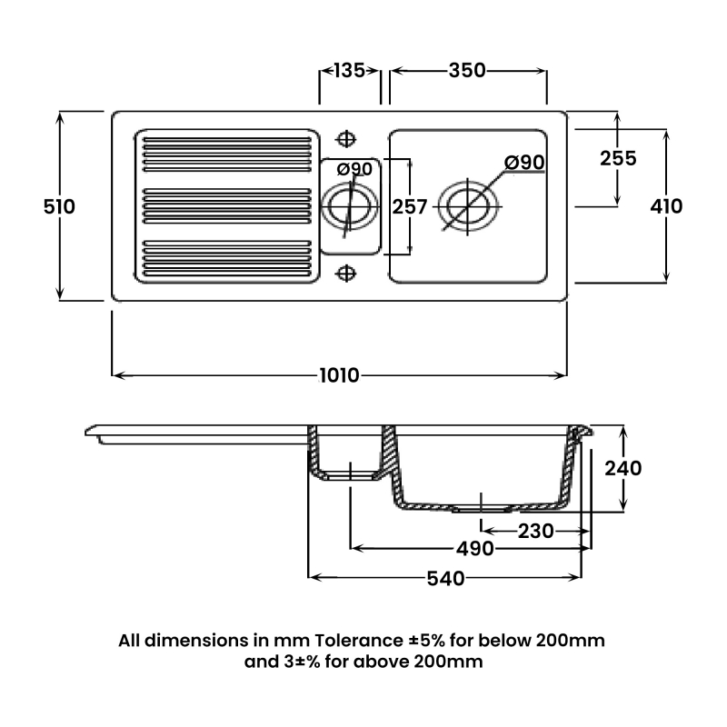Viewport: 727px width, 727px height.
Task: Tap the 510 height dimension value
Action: pyautogui.click(x=59, y=206)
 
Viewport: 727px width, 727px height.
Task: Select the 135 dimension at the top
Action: pyautogui.click(x=350, y=71)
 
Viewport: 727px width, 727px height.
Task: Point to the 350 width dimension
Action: pyautogui.click(x=468, y=71)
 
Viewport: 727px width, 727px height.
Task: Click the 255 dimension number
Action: pyautogui.click(x=618, y=157)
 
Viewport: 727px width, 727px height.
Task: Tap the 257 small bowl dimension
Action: pyautogui.click(x=410, y=207)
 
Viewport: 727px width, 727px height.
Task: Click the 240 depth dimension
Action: pyautogui.click(x=623, y=468)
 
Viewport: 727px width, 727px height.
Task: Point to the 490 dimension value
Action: pyautogui.click(x=475, y=549)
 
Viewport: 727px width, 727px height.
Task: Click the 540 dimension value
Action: pyautogui.click(x=446, y=578)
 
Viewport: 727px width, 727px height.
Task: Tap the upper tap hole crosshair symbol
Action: pyautogui.click(x=345, y=138)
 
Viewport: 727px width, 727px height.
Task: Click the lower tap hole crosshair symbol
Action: pyautogui.click(x=345, y=272)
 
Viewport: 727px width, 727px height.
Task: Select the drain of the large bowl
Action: pyautogui.click(x=469, y=205)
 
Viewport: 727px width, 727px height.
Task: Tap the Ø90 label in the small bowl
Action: pyautogui.click(x=354, y=169)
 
